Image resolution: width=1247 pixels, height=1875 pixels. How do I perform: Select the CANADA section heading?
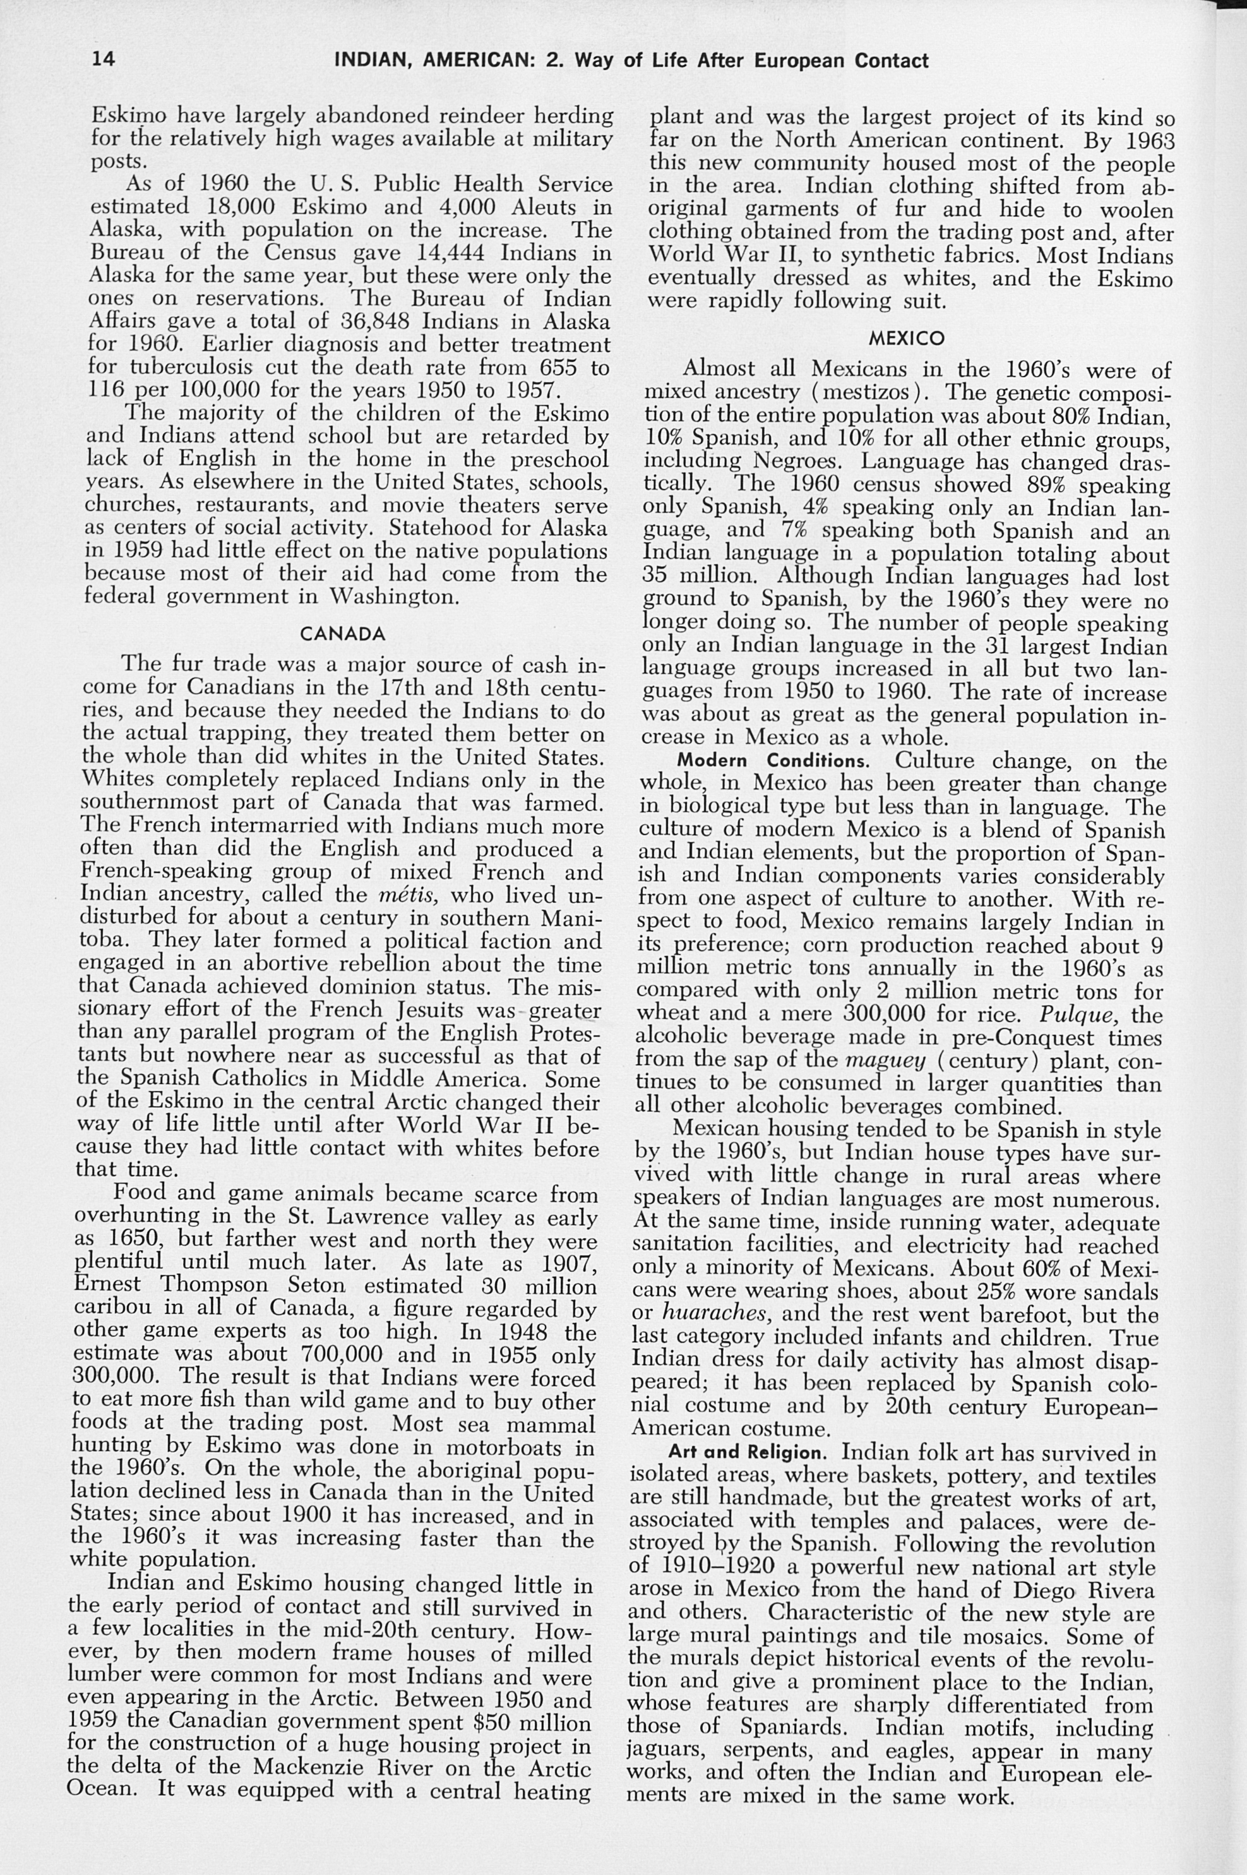click(342, 634)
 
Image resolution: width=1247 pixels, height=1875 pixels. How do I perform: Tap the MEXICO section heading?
click(906, 338)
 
